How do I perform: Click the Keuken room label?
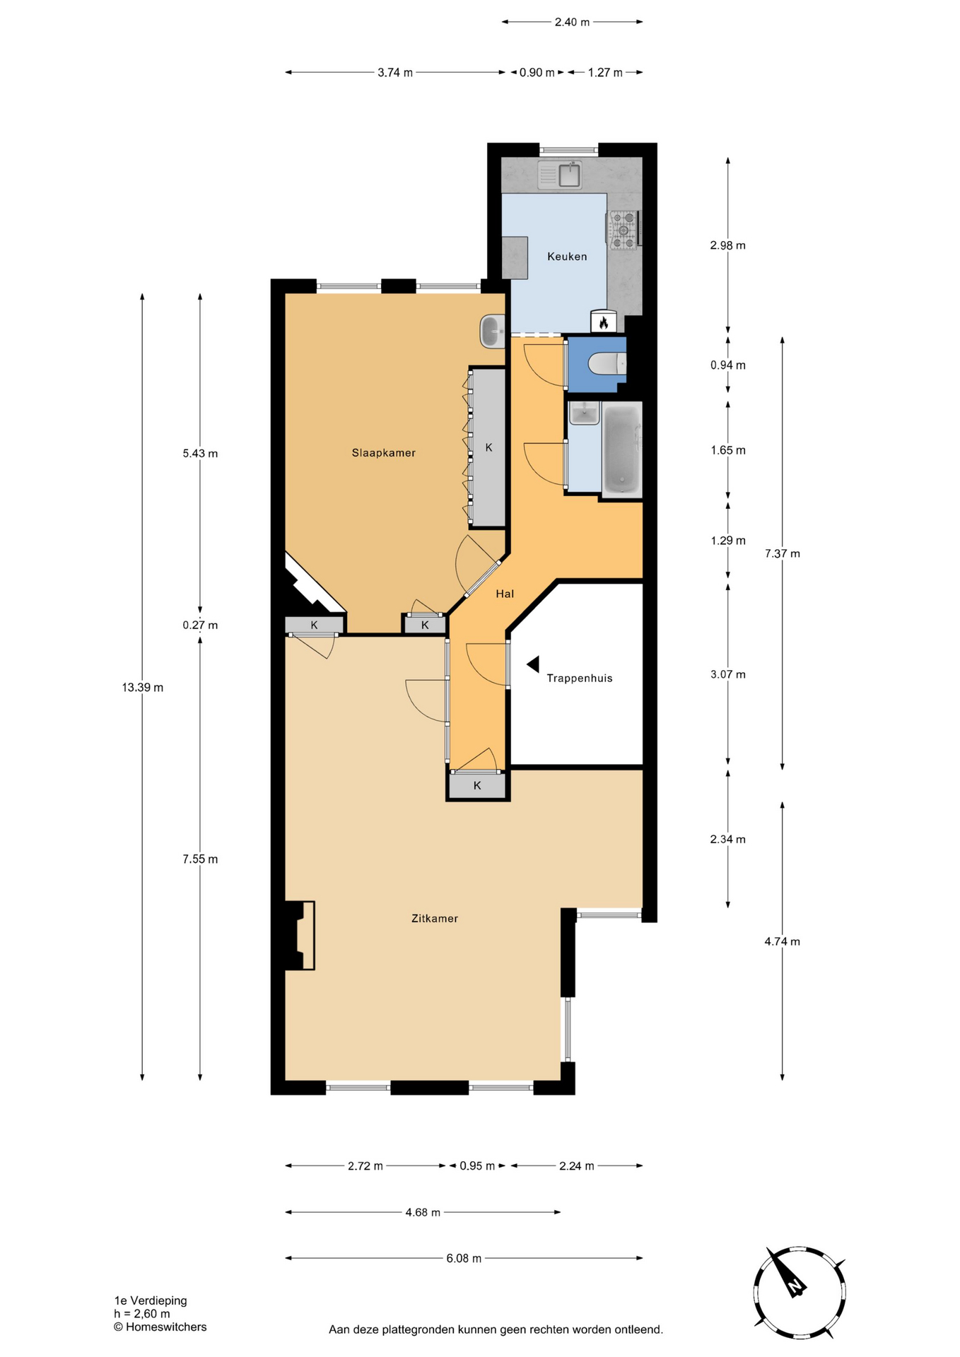point(567,257)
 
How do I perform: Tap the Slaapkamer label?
point(384,453)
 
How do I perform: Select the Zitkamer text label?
point(435,919)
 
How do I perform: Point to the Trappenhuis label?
point(580,678)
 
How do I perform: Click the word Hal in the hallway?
point(505,594)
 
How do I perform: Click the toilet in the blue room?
point(607,364)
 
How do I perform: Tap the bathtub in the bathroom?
point(622,449)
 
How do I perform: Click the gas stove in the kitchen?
point(624,230)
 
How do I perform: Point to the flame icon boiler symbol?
point(604,322)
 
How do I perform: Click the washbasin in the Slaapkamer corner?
point(492,331)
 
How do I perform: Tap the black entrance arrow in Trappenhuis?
point(533,664)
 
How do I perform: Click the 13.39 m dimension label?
point(143,688)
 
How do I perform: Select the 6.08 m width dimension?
point(464,1258)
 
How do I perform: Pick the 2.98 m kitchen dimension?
point(728,246)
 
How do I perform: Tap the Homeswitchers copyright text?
point(160,1327)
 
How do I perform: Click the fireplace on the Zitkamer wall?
point(300,935)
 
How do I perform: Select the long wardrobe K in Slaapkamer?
point(488,447)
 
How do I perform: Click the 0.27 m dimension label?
point(200,625)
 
